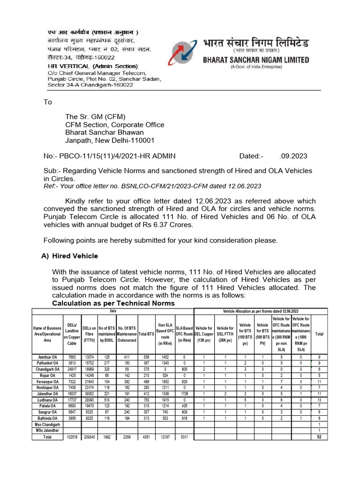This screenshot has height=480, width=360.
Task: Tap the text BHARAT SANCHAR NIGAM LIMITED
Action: (x=255, y=60)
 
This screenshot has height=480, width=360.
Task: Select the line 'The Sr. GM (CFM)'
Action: (x=95, y=117)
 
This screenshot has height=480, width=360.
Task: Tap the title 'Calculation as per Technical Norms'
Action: (x=113, y=303)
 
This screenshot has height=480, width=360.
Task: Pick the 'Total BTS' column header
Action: (x=146, y=334)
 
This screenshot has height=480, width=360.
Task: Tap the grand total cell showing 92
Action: (x=319, y=437)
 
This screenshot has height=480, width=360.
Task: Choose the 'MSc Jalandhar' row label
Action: (x=47, y=430)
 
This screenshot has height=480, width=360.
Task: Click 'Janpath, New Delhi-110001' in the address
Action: (x=109, y=140)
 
